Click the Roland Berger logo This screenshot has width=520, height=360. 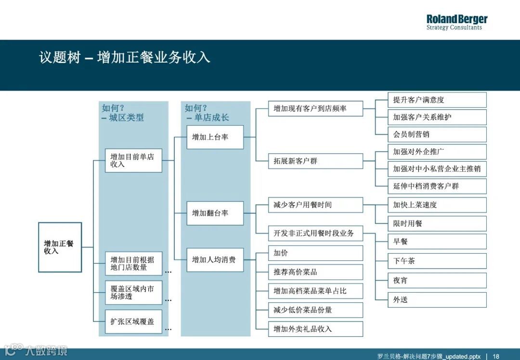pos(456,22)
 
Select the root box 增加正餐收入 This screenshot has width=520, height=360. pos(60,247)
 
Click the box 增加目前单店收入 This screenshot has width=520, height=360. pos(133,161)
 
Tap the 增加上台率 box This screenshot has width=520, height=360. pos(215,137)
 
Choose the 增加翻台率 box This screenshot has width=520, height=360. pos(215,213)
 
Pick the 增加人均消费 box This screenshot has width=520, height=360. pos(215,260)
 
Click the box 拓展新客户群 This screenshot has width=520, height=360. pos(315,161)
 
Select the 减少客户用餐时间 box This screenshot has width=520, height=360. pos(315,205)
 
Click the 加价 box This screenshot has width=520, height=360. pos(315,253)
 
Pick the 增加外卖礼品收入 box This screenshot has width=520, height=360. pos(315,329)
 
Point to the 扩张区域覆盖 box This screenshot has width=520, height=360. pos(133,321)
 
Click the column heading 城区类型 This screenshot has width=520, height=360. pos(126,118)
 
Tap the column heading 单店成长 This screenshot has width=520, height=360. pos(211,118)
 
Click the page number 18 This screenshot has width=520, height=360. pos(496,356)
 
